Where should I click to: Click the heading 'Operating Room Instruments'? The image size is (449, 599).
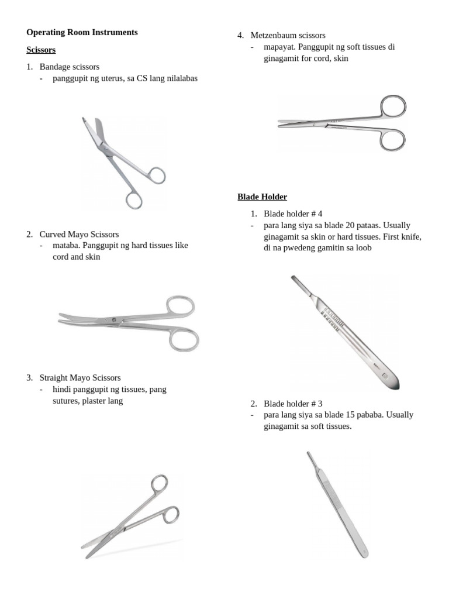coord(82,33)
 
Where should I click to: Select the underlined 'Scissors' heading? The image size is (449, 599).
coord(41,50)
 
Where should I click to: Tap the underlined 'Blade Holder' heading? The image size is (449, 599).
coord(262,197)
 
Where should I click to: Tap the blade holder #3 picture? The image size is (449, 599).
coord(337,505)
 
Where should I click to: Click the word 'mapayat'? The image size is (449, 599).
coord(278,47)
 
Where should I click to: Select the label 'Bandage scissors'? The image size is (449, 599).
coord(70,67)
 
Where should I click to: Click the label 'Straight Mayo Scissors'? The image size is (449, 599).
coord(80,378)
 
